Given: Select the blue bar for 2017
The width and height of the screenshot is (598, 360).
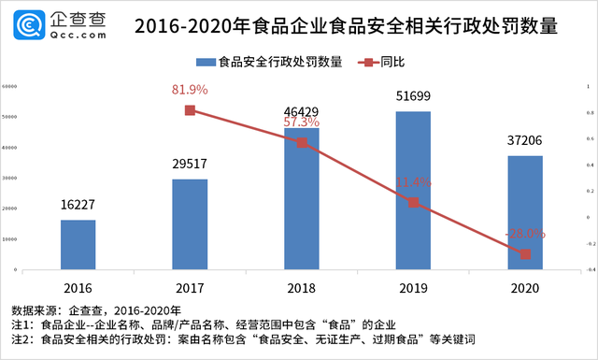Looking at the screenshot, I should [x=190, y=224].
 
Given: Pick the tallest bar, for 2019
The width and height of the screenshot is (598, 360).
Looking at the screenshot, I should [x=413, y=191].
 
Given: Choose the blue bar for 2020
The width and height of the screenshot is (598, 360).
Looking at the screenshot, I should [x=525, y=213].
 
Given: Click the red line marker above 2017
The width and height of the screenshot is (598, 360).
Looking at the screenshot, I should [x=190, y=110].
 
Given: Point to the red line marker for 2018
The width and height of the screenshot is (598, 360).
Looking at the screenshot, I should [x=302, y=142].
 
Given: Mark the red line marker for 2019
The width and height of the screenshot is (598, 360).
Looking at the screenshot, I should [x=413, y=202].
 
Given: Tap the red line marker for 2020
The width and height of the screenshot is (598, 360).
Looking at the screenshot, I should [x=525, y=253].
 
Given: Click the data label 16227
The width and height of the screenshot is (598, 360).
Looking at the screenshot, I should [x=78, y=206].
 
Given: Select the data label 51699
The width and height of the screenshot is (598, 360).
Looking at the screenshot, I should [x=413, y=97].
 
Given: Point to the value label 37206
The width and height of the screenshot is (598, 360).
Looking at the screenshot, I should [x=525, y=141].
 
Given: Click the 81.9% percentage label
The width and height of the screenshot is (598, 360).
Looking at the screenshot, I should [x=190, y=90].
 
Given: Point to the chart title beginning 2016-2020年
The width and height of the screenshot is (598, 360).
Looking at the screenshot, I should [x=346, y=25].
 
